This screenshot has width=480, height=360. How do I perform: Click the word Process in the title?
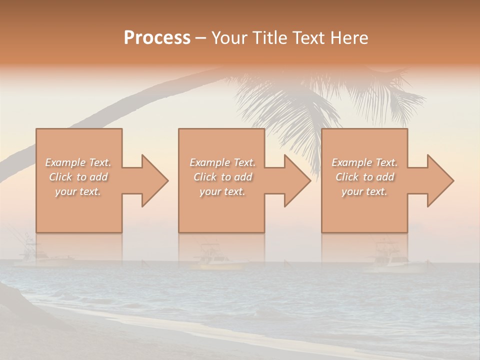click(157, 38)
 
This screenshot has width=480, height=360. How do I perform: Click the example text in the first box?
click(78, 177)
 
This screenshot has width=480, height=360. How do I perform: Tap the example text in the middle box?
click(222, 177)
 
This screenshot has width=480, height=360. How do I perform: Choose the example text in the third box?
click(364, 177)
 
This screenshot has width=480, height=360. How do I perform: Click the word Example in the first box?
click(65, 162)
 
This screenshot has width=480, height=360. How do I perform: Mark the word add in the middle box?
click(242, 177)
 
